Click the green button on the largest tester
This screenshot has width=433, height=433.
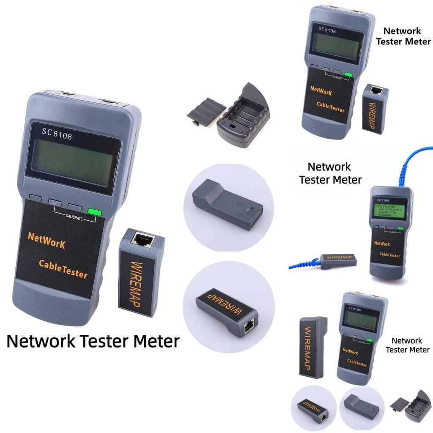tap(95, 212)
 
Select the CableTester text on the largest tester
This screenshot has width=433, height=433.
tap(63, 269)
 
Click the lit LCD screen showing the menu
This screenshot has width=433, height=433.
tap(388, 210)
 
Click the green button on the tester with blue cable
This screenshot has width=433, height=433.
tap(400, 229)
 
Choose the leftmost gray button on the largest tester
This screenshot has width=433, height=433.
tap(36, 198)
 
